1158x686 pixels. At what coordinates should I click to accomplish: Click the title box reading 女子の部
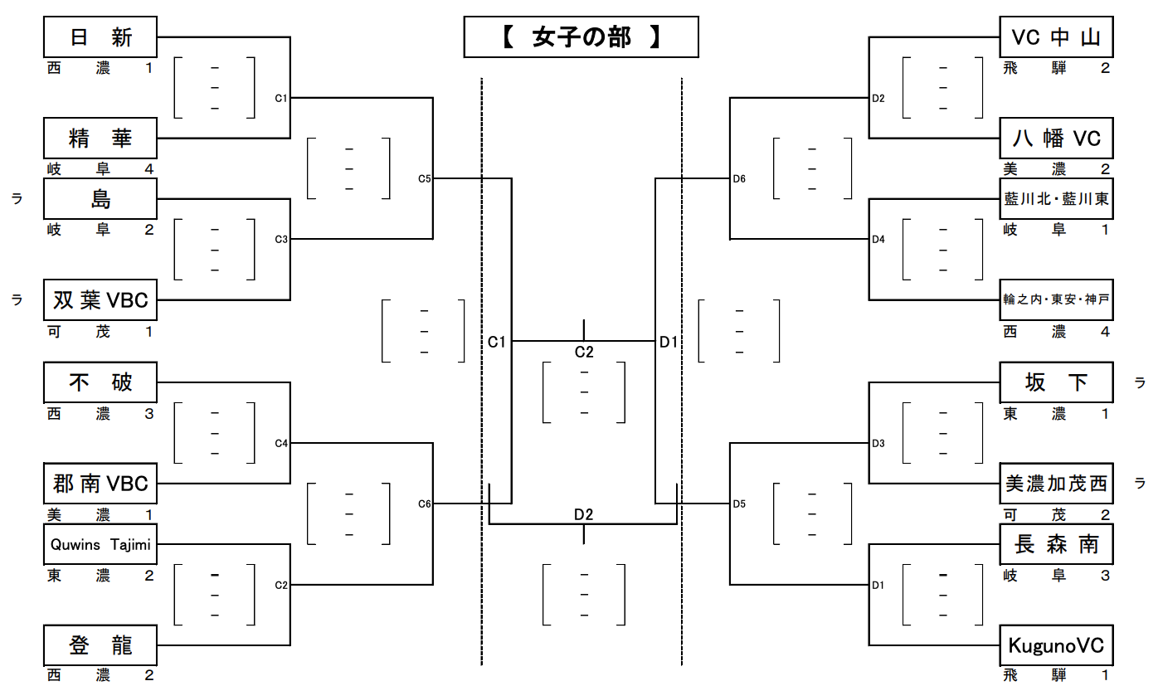581,37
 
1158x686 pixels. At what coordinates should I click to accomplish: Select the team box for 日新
100,37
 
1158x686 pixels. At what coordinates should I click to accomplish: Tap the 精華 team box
100,138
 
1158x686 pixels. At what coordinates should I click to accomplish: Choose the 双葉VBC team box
100,299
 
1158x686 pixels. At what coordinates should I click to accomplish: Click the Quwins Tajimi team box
100,544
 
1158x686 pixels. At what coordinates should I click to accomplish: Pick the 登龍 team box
100,645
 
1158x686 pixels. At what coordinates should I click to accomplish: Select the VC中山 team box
1056,37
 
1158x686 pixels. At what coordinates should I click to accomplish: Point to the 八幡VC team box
1056,138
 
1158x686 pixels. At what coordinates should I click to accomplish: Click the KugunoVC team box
1056,645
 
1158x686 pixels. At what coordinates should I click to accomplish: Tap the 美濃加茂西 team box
1056,484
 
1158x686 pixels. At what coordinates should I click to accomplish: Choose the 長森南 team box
1056,544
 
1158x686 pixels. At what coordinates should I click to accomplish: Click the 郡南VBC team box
100,484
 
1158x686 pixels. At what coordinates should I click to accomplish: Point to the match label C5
425,178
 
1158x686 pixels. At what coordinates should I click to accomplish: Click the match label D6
739,178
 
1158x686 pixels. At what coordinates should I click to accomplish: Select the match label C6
425,504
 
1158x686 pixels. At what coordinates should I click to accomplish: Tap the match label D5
739,504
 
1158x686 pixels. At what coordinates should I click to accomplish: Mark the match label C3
281,240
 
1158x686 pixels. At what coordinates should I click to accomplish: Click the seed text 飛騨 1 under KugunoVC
1056,675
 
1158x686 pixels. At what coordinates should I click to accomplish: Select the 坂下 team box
1056,382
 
